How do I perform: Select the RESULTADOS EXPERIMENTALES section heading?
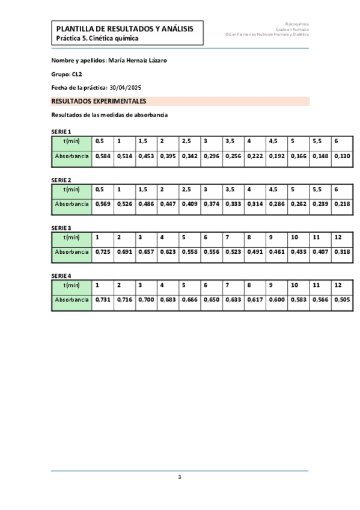click(99, 102)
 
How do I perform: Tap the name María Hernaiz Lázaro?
click(136, 61)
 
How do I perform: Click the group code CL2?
click(77, 74)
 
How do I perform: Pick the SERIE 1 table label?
click(61, 132)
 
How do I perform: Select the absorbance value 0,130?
click(341, 156)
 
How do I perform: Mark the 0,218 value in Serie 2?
click(341, 204)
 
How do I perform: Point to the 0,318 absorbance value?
click(341, 252)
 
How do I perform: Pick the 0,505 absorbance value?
click(341, 300)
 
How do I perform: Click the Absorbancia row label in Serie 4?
click(72, 300)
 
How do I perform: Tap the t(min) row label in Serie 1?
click(72, 141)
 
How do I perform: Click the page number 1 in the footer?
click(179, 477)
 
